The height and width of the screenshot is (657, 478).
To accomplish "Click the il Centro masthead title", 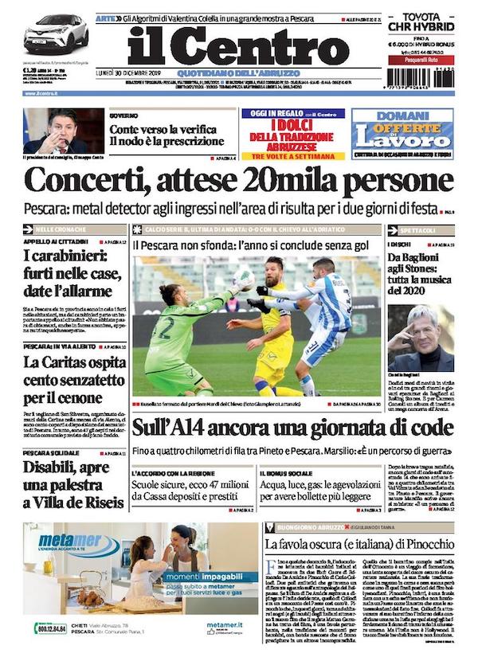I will coord(237,48).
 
